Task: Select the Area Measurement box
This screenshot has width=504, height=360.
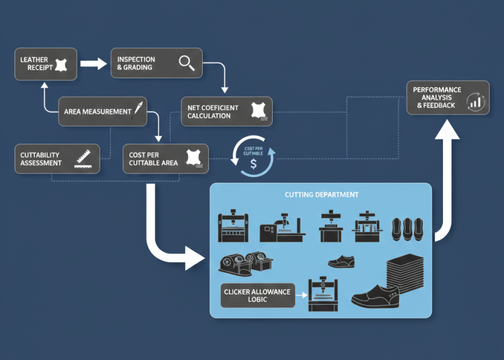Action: pyautogui.click(x=104, y=111)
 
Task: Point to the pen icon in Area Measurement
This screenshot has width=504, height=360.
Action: pyautogui.click(x=139, y=111)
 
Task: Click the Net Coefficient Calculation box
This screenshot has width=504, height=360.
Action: pyautogui.click(x=227, y=111)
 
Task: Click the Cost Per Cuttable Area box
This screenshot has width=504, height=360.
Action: pyautogui.click(x=165, y=159)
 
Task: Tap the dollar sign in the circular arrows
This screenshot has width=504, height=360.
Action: pyautogui.click(x=253, y=164)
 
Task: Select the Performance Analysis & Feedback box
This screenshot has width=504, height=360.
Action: pyautogui.click(x=448, y=98)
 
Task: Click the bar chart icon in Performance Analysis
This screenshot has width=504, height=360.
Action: pyautogui.click(x=476, y=101)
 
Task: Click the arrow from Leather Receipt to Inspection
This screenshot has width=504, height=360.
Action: pyautogui.click(x=92, y=63)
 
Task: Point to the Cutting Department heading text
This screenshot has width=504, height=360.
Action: pyautogui.click(x=321, y=195)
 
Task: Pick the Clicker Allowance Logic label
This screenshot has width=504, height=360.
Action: pyautogui.click(x=257, y=295)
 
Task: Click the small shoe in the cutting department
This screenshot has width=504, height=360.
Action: pyautogui.click(x=341, y=262)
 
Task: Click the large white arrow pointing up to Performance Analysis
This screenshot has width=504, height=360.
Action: pyautogui.click(x=448, y=178)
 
